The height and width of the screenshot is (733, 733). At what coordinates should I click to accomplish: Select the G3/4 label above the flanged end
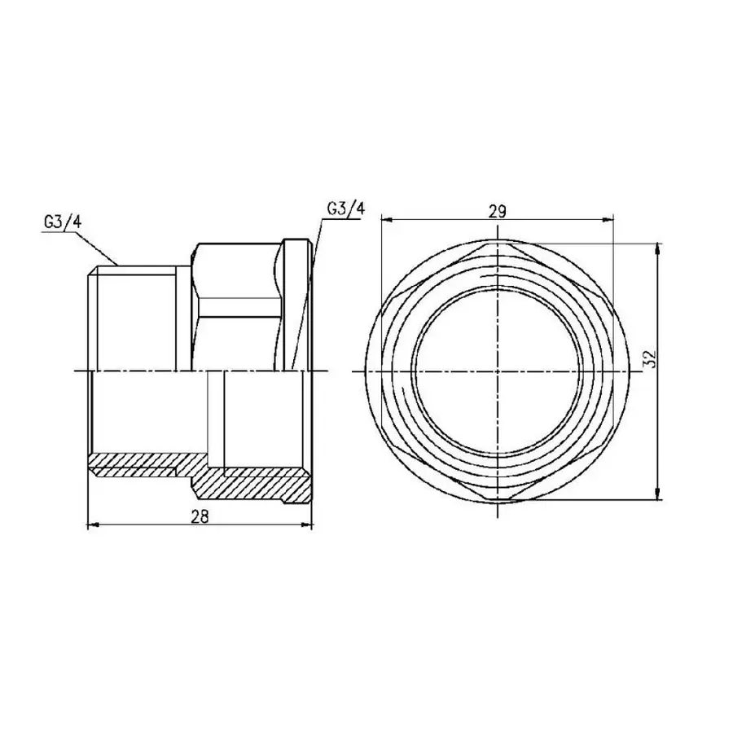[346, 208]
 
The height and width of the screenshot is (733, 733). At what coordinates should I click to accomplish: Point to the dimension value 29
[498, 210]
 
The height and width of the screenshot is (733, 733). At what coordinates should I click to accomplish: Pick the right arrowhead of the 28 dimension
[309, 525]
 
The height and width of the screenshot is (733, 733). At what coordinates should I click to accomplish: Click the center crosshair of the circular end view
[498, 371]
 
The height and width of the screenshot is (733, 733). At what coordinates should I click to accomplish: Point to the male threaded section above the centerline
[134, 318]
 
